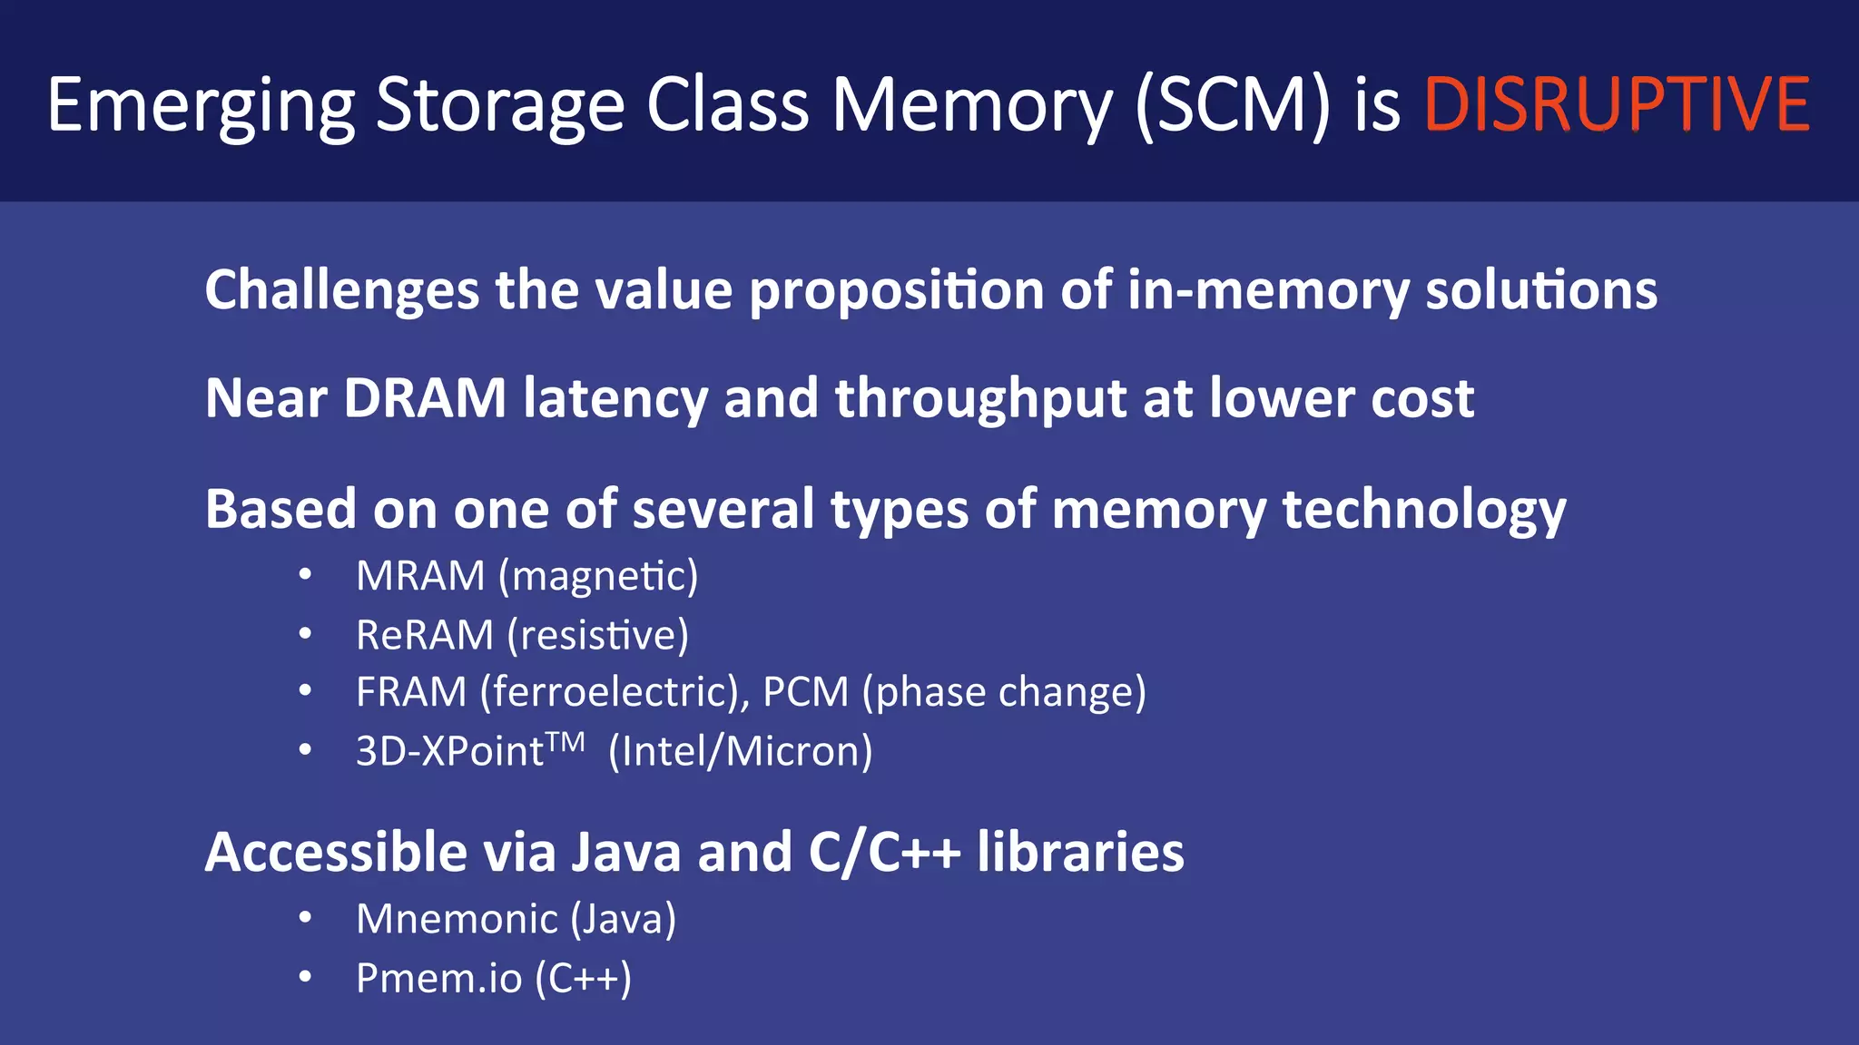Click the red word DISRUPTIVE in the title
1617,104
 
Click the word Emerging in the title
201,106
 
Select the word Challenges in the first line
341,290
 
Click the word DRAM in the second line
425,398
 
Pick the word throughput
981,400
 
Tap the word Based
281,509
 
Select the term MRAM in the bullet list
420,576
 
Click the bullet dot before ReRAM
306,633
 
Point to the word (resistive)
598,635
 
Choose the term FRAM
411,692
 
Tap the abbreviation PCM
805,692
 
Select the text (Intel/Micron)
740,751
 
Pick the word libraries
1080,853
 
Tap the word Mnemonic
457,919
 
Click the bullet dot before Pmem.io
306,977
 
